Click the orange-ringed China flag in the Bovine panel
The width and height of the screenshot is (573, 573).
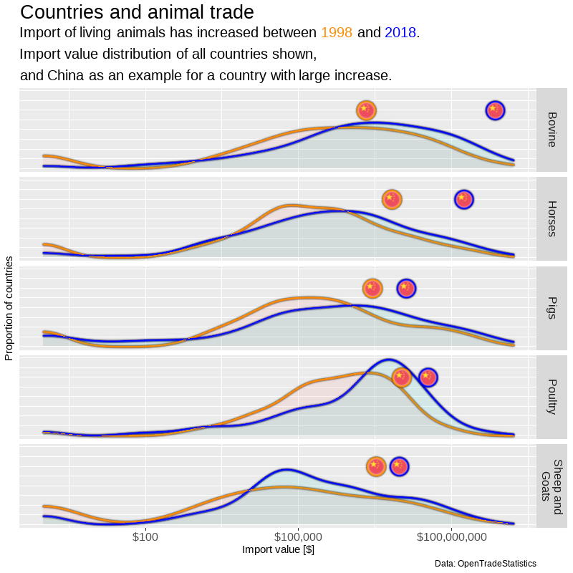click(x=366, y=110)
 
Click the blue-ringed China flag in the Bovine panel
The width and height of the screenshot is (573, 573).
click(x=495, y=110)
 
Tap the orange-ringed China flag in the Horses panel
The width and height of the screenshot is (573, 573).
click(x=391, y=199)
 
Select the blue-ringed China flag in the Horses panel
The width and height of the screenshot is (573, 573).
click(x=464, y=199)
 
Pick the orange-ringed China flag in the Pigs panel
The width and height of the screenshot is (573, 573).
click(x=372, y=288)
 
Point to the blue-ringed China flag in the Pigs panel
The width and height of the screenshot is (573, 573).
click(x=406, y=288)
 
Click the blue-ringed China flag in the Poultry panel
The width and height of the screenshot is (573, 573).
click(x=428, y=377)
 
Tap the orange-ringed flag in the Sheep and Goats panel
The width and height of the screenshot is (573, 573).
click(x=376, y=466)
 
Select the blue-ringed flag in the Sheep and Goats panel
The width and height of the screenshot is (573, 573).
click(x=399, y=466)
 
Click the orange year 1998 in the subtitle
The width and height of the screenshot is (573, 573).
click(x=337, y=33)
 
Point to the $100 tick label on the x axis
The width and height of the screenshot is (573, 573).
click(x=145, y=537)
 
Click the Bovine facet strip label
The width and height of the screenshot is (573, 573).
click(x=551, y=129)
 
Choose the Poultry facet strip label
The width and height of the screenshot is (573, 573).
click(x=551, y=396)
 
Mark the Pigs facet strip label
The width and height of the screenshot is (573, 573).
click(x=551, y=307)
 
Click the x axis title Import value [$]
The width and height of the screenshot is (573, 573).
click(x=279, y=550)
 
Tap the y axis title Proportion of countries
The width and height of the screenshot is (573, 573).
click(x=9, y=307)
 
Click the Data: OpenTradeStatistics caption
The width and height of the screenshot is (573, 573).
click(x=485, y=564)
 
